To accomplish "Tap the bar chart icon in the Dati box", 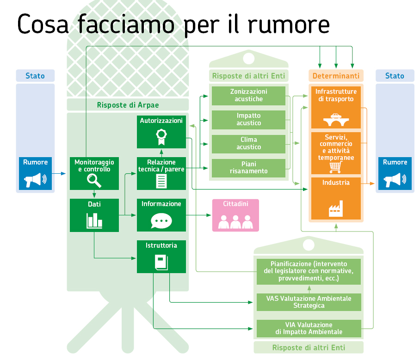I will (x=94, y=220).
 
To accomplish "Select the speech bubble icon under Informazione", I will (x=161, y=221).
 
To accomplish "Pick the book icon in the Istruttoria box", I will (x=161, y=262).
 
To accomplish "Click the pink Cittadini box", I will (x=235, y=215).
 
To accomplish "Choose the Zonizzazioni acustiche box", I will (x=248, y=96).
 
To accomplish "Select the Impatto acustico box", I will (x=248, y=119).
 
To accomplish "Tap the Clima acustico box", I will (x=248, y=143).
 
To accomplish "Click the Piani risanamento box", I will (x=248, y=167).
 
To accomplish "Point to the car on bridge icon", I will (x=336, y=120).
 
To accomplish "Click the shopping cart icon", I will (x=336, y=166).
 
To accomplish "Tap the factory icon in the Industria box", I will (x=336, y=208).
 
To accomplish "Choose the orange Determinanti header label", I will (x=336, y=76).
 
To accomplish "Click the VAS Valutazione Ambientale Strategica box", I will (x=309, y=302).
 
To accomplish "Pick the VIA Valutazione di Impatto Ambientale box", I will (x=309, y=328).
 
